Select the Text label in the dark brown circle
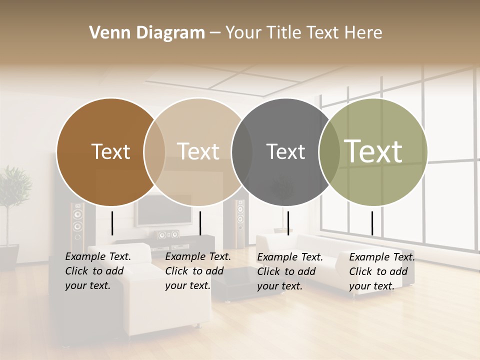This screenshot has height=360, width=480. [110, 151]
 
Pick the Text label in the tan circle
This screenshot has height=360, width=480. [198, 151]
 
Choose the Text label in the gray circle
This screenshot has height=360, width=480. [285, 151]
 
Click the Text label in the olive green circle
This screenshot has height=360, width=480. [373, 151]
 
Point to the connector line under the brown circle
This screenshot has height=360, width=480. [112, 223]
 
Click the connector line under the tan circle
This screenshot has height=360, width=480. [200, 223]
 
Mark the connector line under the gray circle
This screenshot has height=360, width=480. [288, 223]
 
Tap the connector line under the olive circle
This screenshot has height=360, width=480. [372, 223]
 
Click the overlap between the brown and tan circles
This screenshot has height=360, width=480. [154, 152]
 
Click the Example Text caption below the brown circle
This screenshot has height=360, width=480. [98, 271]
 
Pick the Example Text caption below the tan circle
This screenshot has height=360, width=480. [198, 271]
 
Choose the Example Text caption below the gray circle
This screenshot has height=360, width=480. [290, 271]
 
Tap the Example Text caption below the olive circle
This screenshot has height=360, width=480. [382, 271]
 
